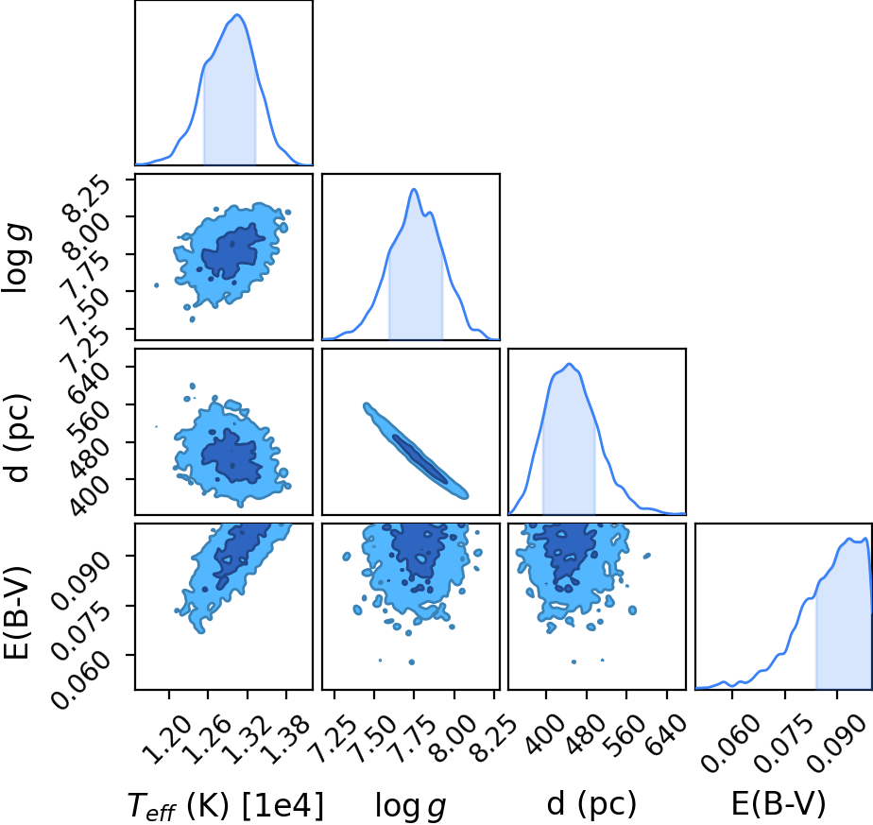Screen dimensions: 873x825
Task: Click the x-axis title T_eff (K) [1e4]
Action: [226, 805]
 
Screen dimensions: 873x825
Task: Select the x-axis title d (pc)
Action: [591, 804]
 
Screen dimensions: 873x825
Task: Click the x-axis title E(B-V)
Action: [778, 804]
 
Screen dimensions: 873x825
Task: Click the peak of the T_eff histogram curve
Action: [237, 14]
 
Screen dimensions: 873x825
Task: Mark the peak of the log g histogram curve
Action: [414, 189]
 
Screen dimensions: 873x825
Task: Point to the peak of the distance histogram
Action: [569, 364]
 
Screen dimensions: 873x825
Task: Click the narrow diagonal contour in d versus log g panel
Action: [416, 450]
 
